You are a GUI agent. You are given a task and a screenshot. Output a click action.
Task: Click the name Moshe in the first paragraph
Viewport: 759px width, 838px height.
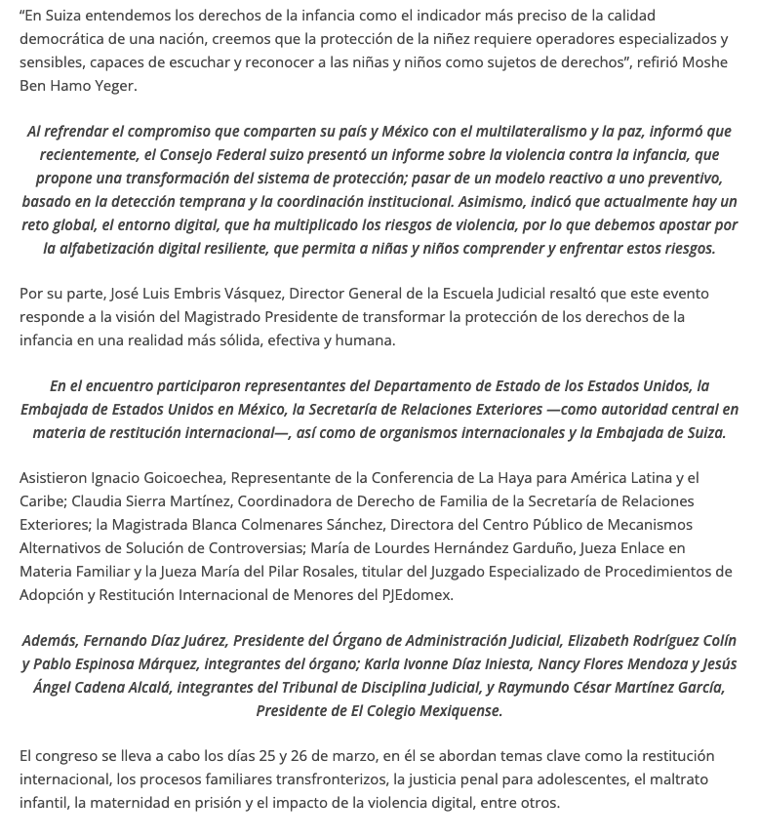[x=706, y=62]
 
